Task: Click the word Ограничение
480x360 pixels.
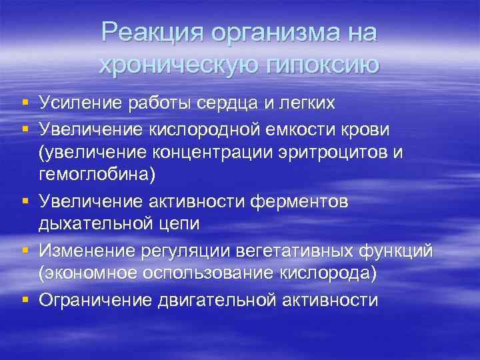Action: click(97, 300)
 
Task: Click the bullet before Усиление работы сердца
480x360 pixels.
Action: click(24, 103)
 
